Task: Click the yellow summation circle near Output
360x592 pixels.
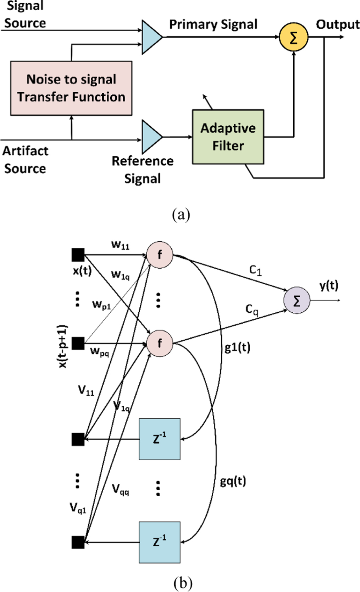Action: click(x=293, y=37)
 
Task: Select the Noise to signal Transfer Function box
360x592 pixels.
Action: click(x=71, y=88)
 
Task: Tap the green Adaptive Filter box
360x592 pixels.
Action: click(x=228, y=137)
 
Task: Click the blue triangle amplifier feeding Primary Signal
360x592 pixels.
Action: click(x=150, y=37)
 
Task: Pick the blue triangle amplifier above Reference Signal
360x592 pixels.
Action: click(x=150, y=137)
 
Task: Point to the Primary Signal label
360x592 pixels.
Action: click(x=213, y=24)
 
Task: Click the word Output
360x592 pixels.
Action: click(x=337, y=24)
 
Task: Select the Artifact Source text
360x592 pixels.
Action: click(x=25, y=159)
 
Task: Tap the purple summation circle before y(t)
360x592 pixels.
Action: click(x=297, y=300)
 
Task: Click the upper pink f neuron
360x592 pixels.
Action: click(x=160, y=254)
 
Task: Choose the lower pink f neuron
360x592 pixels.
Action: click(x=160, y=343)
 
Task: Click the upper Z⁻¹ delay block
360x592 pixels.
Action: click(x=160, y=439)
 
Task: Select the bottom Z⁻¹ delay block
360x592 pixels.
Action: click(x=160, y=542)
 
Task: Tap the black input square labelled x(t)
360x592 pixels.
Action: click(x=78, y=254)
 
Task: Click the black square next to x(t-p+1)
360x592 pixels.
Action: click(x=78, y=343)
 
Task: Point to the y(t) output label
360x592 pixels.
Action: click(x=329, y=285)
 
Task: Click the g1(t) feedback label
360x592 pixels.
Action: click(x=237, y=347)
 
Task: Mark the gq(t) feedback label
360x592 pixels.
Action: click(x=233, y=481)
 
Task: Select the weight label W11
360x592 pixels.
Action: click(x=120, y=245)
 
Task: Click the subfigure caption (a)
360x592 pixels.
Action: click(x=181, y=215)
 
